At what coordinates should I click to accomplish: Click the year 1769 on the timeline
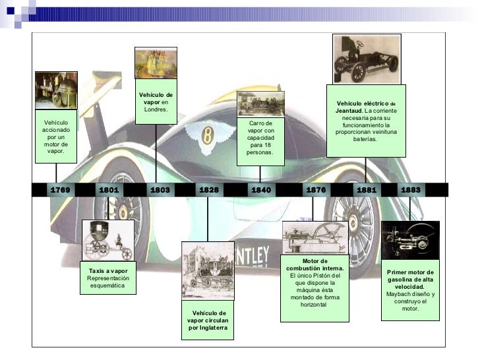60,190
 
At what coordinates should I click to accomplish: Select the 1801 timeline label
109,190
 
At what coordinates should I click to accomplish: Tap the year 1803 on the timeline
160,190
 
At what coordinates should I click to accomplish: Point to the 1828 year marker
208,190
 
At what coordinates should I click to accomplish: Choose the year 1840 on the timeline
260,190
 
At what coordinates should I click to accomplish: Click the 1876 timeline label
316,190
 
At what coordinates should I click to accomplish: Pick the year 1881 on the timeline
367,190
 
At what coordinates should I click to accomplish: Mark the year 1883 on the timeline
410,190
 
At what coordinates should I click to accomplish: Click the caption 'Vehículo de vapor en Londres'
156,102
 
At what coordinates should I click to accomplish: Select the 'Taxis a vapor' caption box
108,280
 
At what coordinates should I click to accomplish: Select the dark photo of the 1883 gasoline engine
410,240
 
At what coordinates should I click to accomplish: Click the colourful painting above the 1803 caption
156,63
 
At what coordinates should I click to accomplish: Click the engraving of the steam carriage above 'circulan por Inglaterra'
208,270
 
